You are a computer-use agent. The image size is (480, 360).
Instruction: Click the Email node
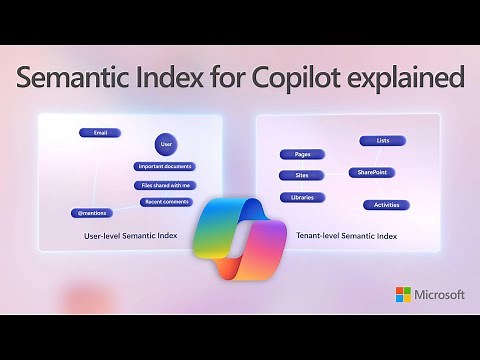coord(99,132)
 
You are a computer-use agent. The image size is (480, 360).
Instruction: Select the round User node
coord(167,145)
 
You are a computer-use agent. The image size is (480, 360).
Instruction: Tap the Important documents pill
coord(164,167)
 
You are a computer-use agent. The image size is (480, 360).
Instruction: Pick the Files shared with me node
coord(164,185)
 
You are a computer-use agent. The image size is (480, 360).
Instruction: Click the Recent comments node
coord(167,202)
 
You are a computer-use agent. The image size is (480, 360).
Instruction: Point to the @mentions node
coord(91,213)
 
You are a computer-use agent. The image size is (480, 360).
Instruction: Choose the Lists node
coord(382,141)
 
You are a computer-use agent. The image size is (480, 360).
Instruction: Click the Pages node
coord(302,154)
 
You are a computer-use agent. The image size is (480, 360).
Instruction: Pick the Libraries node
coord(302,197)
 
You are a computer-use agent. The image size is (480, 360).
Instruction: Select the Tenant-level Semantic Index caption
coord(346,236)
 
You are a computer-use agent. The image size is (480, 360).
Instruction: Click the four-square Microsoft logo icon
coord(403,294)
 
